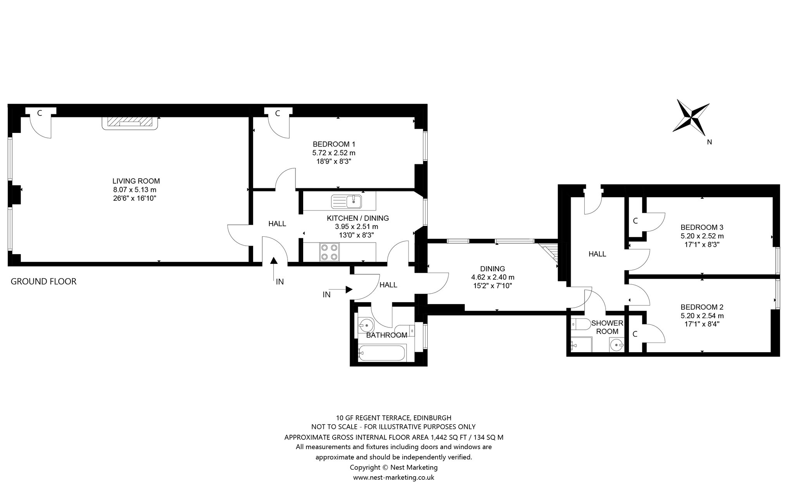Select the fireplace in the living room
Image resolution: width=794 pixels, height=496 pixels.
(x=130, y=123)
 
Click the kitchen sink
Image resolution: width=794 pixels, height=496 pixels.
(x=347, y=201)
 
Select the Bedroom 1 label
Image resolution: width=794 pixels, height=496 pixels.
(x=334, y=144)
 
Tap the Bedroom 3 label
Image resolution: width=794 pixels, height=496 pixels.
(x=702, y=227)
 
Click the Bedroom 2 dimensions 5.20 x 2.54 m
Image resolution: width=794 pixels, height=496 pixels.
(x=702, y=316)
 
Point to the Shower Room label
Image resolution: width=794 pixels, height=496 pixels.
(x=607, y=327)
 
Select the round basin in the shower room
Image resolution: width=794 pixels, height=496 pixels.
(x=616, y=344)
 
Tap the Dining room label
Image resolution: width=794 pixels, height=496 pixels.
(x=492, y=269)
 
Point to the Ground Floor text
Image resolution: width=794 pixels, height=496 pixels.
(x=43, y=281)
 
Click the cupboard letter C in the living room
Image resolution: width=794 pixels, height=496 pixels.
(x=39, y=113)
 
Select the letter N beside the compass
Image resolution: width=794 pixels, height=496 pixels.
(x=709, y=142)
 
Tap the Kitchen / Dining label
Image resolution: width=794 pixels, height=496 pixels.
(x=357, y=218)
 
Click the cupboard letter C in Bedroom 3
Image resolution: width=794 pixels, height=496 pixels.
(x=635, y=221)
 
